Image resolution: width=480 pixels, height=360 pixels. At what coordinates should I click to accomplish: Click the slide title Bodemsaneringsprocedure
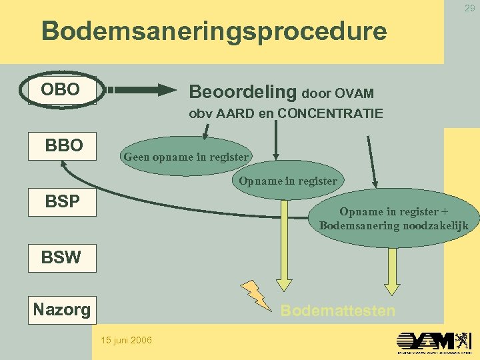coord(213,31)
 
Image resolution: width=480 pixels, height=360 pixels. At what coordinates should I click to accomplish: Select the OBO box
coord(61,90)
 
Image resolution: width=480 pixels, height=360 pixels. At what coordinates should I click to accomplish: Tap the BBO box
coord(63,145)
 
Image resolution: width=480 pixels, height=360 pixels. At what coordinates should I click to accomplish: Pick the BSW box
coord(61,257)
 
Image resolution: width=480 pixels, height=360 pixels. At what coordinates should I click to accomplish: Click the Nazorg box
coord(62,309)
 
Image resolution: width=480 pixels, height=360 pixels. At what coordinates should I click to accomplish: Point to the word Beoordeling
coord(243,91)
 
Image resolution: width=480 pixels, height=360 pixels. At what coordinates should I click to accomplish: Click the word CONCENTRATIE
coord(330,114)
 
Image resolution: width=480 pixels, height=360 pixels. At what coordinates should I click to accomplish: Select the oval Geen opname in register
coord(186,157)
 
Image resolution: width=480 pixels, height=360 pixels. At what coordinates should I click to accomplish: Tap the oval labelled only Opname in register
coord(288,181)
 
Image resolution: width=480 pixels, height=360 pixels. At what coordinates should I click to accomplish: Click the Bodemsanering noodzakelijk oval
coord(393,219)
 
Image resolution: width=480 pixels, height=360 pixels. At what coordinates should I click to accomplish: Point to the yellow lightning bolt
coord(256,295)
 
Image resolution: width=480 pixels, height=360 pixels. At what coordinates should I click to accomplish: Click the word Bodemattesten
coord(337,311)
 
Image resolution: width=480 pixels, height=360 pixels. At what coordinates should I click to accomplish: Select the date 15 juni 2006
coord(126,341)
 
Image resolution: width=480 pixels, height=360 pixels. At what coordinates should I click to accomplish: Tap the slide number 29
coord(469,7)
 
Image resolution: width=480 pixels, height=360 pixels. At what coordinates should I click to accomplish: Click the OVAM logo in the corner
coord(434,342)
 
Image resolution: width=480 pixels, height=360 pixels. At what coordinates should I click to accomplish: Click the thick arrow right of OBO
coord(140,89)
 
